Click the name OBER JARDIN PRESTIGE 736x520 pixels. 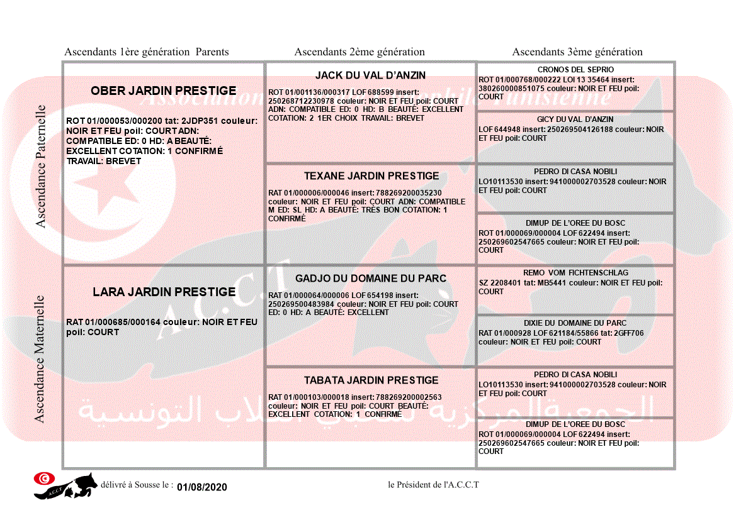point(164,91)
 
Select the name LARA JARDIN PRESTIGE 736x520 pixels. point(164,292)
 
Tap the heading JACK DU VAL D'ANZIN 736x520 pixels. point(370,75)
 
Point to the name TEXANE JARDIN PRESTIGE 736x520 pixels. point(371,176)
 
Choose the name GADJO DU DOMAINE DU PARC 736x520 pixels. point(371,279)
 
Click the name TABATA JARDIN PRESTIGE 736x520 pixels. point(371,380)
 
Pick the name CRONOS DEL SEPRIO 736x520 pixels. point(575,70)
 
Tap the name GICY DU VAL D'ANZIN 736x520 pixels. point(575,119)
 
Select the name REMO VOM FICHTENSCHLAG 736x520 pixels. point(575,274)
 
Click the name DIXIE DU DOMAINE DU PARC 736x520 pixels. point(575,323)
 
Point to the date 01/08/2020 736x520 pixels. point(201,487)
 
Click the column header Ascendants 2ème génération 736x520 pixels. point(360,52)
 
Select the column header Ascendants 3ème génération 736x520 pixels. point(577,52)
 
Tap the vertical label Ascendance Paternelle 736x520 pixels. point(41,167)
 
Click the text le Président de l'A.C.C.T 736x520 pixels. point(434,485)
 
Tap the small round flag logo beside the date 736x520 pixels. point(43,479)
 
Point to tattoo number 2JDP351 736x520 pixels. point(203,121)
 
